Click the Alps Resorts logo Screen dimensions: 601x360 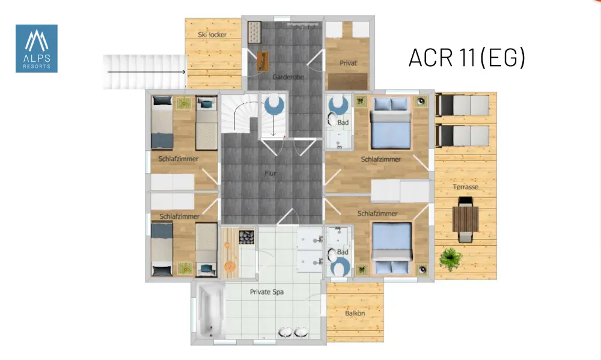pos(37,49)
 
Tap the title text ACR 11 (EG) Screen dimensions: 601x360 pos(466,58)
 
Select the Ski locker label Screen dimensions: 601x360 pos(212,34)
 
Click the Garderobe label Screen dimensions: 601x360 pos(288,77)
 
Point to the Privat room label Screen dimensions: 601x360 pos(348,63)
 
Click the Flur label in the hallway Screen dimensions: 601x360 pos(270,173)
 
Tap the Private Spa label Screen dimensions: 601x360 pos(267,292)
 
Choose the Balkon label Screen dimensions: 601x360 pos(355,313)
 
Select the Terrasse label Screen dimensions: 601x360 pos(466,187)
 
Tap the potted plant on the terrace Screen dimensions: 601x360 pos(451,259)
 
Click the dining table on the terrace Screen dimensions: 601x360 pos(465,219)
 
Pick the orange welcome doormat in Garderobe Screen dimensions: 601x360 pos(263,61)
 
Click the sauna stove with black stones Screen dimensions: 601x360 pos(246,237)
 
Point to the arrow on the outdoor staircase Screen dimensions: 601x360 pos(147,72)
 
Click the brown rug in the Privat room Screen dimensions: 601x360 pos(347,82)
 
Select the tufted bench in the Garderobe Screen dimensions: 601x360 pos(254,32)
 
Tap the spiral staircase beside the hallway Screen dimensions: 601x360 pos(240,114)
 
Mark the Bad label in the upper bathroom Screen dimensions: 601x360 pos(343,123)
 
